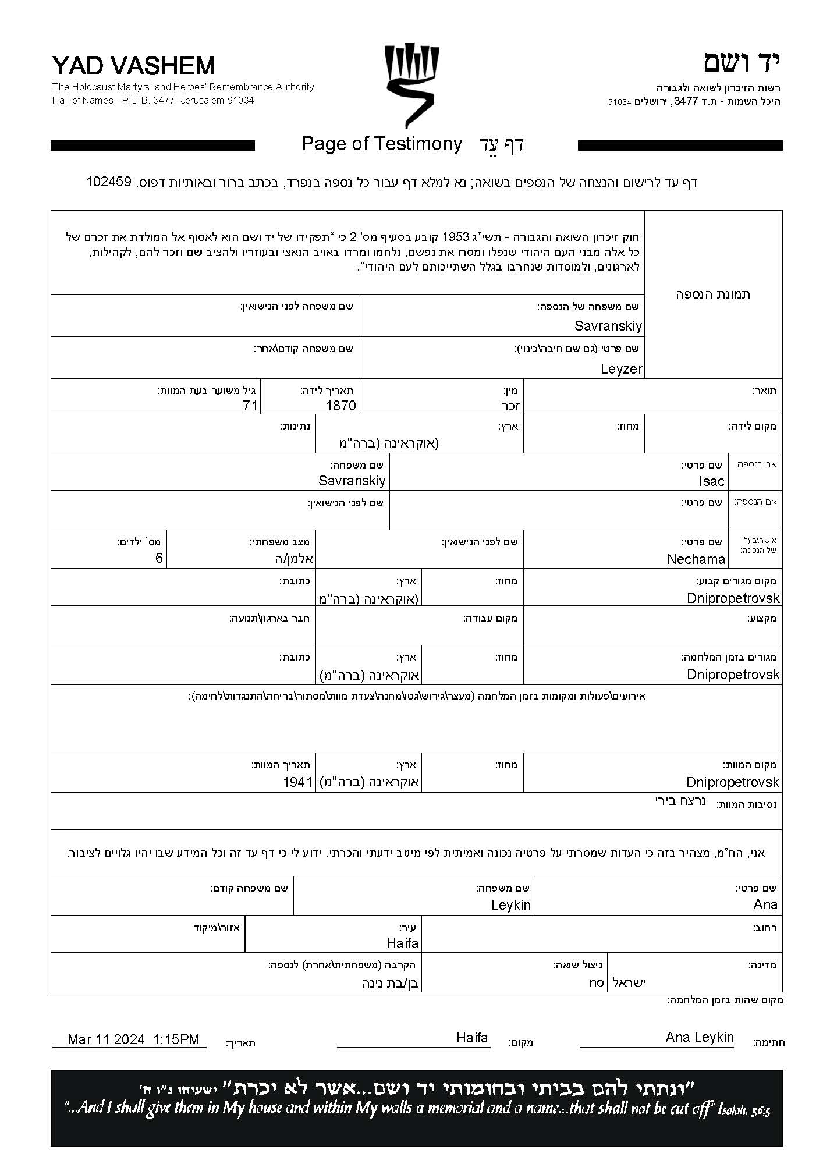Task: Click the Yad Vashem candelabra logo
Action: tap(411, 85)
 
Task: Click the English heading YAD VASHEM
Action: tap(134, 66)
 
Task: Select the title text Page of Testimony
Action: tap(382, 144)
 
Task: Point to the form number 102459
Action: tap(109, 182)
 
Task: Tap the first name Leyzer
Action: tap(621, 369)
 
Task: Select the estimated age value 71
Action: tap(250, 406)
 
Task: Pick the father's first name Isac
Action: tap(711, 481)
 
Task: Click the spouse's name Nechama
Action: tap(696, 559)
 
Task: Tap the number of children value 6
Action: tap(159, 559)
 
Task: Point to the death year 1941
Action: tap(298, 782)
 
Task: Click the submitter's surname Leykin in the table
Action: tap(510, 905)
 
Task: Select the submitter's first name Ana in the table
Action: tap(765, 904)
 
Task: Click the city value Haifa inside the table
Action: tap(402, 943)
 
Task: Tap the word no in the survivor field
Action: tap(597, 982)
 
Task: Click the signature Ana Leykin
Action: tap(700, 1037)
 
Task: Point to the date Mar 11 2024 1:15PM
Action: tap(133, 1039)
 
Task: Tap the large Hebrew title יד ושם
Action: tap(742, 63)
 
